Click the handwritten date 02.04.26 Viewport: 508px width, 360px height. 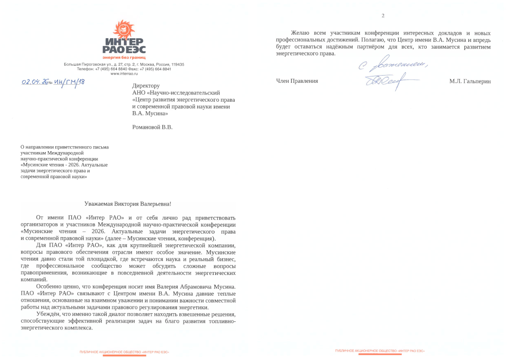pyautogui.click(x=34, y=82)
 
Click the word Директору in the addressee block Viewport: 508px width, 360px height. pyautogui.click(x=146, y=85)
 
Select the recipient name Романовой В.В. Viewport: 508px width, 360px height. pyautogui.click(x=152, y=127)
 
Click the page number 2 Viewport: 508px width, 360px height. pyautogui.click(x=383, y=16)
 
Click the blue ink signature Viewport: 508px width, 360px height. pyautogui.click(x=387, y=81)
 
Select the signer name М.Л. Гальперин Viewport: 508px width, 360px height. pyautogui.click(x=470, y=81)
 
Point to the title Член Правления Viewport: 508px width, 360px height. pyautogui.click(x=297, y=81)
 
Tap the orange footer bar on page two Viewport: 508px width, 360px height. pyautogui.click(x=380, y=355)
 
